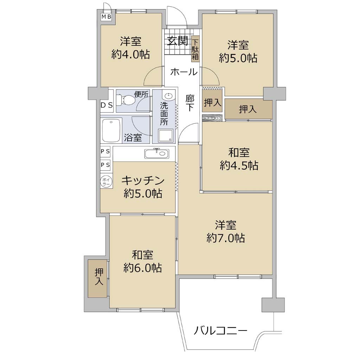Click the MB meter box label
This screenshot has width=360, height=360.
[x=106, y=17]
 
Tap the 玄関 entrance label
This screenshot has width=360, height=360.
[x=178, y=41]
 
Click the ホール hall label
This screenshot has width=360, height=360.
[x=184, y=72]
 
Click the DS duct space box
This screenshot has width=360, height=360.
[x=107, y=105]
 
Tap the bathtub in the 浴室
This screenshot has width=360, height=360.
[x=111, y=131]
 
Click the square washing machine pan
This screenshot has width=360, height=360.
[x=166, y=135]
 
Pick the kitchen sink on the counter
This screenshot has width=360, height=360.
[x=157, y=153]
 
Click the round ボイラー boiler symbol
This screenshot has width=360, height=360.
[x=106, y=181]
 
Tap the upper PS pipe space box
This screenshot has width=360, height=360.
[x=105, y=152]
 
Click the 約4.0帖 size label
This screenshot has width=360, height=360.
[x=131, y=55]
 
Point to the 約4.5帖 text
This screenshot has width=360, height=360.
[x=239, y=165]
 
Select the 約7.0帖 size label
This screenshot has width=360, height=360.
[x=226, y=238]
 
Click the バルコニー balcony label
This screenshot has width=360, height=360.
[x=221, y=331]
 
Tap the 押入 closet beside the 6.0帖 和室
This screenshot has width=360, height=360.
[x=98, y=278]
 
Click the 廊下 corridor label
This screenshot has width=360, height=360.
[x=190, y=103]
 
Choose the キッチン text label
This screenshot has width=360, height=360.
[x=143, y=181]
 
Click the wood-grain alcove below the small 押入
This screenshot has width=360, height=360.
[x=212, y=117]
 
